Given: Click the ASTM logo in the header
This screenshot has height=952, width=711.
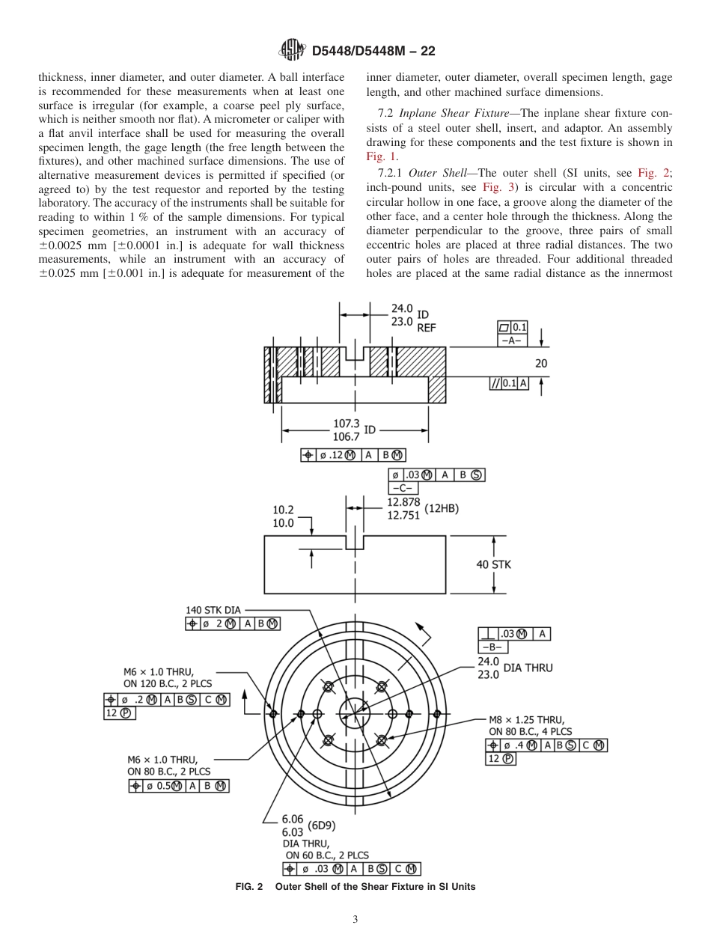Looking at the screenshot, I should (x=292, y=51).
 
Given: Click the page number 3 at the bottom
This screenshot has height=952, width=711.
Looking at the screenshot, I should (x=355, y=919).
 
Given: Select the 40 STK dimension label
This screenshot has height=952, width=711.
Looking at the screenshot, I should (x=493, y=564).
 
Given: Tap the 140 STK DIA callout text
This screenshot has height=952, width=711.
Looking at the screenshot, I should (x=213, y=610).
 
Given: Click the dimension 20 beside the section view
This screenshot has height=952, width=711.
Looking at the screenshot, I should (x=541, y=363).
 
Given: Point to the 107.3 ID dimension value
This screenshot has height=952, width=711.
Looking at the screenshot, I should (x=346, y=424).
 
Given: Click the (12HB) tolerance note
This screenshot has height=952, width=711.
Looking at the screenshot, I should (x=442, y=508).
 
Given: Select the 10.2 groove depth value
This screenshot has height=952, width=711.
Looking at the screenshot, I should (x=283, y=510).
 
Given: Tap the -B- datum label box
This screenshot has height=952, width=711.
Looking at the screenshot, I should (x=492, y=647).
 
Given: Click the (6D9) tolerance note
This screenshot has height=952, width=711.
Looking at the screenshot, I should (x=321, y=826).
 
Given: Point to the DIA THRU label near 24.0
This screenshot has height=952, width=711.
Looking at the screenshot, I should (x=528, y=667).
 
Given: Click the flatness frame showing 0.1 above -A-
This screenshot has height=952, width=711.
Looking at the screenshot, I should (x=513, y=327).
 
